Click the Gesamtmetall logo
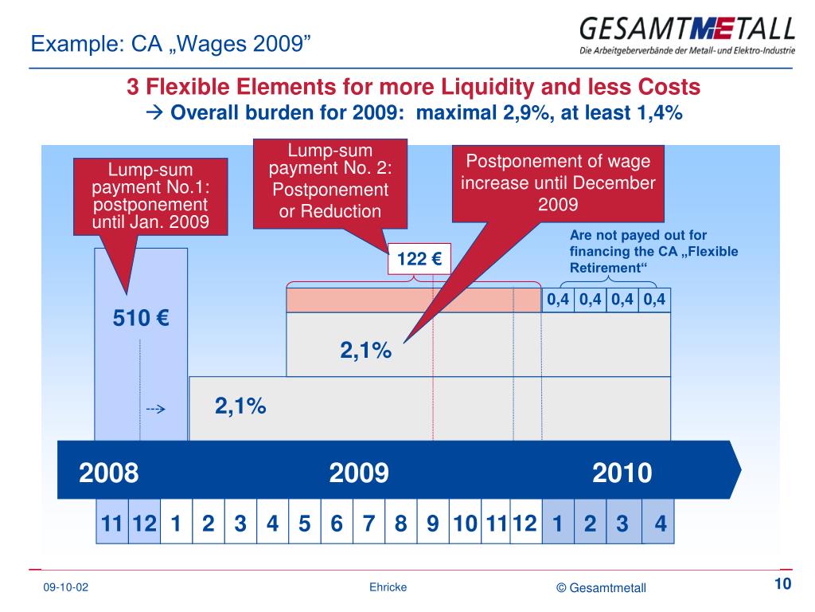pyautogui.click(x=687, y=35)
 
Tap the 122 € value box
pyautogui.click(x=419, y=259)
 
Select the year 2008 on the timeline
pyautogui.click(x=109, y=473)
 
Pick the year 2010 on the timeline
pyautogui.click(x=622, y=473)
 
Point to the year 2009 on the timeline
pyautogui.click(x=359, y=473)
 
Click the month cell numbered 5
pyautogui.click(x=304, y=524)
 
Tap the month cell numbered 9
pyautogui.click(x=433, y=524)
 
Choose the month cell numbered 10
pyautogui.click(x=465, y=524)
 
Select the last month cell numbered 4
pyautogui.click(x=660, y=524)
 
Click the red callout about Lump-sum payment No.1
pyautogui.click(x=150, y=196)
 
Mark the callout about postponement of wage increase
pyautogui.click(x=558, y=182)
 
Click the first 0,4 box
pyautogui.click(x=558, y=300)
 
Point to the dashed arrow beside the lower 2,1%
pyautogui.click(x=154, y=410)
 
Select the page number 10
pyautogui.click(x=782, y=584)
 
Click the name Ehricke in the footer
pyautogui.click(x=388, y=587)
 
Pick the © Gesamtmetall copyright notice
pyautogui.click(x=602, y=588)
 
